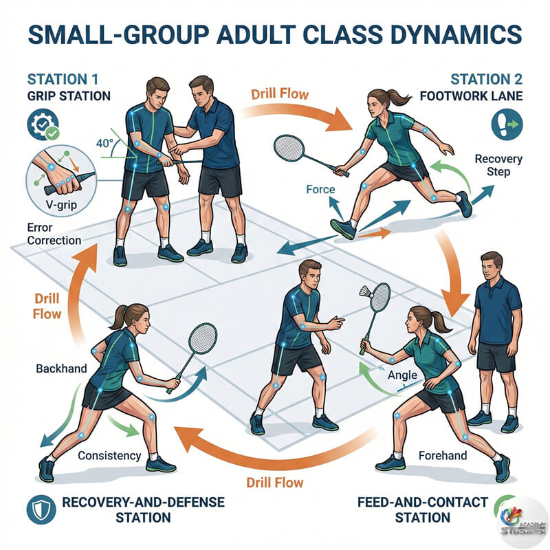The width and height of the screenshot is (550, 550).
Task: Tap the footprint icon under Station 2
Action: coord(507,123)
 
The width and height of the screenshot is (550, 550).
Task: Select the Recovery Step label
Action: coord(498,165)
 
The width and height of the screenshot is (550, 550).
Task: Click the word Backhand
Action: coord(61,368)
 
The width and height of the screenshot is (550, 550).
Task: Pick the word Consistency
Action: coord(109,455)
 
